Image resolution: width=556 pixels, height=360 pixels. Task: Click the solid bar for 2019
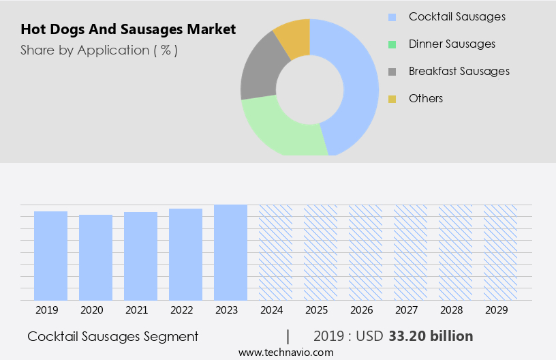50,256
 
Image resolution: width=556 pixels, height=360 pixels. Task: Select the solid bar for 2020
95,257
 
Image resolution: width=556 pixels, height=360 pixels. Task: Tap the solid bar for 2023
230,252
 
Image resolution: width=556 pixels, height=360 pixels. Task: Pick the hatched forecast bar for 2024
275,252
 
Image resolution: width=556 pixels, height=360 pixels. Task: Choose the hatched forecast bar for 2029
500,252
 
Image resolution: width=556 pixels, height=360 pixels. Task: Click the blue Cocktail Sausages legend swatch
392,17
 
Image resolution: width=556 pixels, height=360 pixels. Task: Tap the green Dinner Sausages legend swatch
392,44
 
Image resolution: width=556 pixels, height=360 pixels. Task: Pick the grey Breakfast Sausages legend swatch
392,72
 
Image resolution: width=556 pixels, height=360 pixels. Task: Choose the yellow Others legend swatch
392,99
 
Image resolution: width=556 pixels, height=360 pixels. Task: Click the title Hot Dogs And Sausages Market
128,29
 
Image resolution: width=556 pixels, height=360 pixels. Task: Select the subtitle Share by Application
99,50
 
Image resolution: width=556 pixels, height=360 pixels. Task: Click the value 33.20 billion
431,336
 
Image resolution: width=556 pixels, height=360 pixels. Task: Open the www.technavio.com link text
286,352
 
